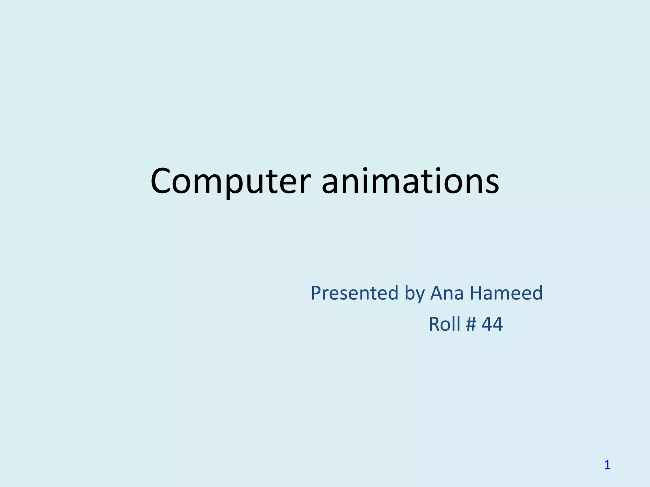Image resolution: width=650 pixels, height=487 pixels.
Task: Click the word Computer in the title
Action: point(230,181)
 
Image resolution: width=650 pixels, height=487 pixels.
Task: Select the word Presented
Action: point(354,293)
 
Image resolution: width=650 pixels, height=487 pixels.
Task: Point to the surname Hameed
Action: point(506,293)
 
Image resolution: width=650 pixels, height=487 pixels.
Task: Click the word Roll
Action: point(444,324)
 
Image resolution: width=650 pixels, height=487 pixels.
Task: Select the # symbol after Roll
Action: point(471,324)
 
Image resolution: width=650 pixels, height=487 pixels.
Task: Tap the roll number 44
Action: point(492,324)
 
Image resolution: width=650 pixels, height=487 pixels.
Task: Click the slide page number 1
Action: point(607,465)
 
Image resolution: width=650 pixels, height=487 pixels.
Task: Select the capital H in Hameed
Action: point(477,293)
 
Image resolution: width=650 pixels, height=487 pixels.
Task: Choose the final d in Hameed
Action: point(536,293)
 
